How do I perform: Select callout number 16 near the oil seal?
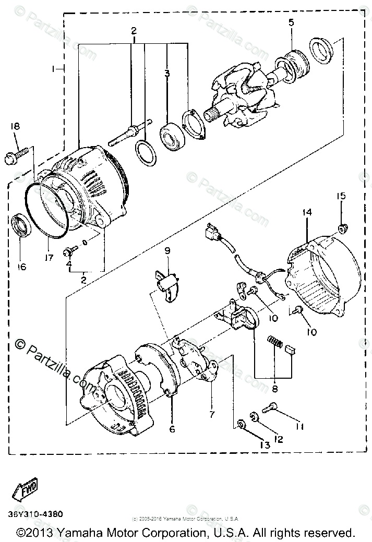point(21,267)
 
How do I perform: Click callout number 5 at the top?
point(291,22)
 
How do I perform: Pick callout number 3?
point(167,74)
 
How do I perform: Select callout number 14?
point(306,213)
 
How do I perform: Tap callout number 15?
point(341,196)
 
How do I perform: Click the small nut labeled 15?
point(343,228)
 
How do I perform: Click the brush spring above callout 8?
point(274,342)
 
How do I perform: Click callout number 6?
point(172,429)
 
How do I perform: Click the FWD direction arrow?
point(25,489)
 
